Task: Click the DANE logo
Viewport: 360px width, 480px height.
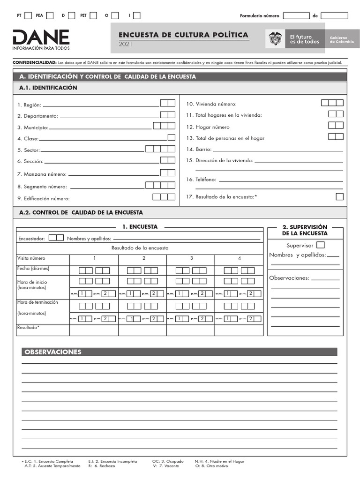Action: pos(41,39)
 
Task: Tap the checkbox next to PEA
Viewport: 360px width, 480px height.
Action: pos(50,15)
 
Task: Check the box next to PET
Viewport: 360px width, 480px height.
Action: pos(93,15)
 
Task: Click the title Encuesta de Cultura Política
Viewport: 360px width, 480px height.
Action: pos(183,35)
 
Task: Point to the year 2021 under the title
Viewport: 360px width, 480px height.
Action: pos(126,44)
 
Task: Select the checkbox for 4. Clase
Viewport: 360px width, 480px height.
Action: pos(172,137)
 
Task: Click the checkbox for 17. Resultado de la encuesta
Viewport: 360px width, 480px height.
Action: pos(339,196)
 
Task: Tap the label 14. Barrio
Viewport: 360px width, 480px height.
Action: pos(199,150)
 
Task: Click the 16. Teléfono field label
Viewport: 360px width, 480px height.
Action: pos(201,180)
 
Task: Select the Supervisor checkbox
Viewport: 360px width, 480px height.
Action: pos(320,245)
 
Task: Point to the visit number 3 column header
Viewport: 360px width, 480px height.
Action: pos(191,258)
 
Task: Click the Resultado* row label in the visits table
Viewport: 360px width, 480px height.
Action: pos(29,327)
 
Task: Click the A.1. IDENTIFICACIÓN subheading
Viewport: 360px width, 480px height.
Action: pos(48,88)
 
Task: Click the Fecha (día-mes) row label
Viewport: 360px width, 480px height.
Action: pos(33,269)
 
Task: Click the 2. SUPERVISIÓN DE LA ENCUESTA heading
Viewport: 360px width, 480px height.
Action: pos(305,230)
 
